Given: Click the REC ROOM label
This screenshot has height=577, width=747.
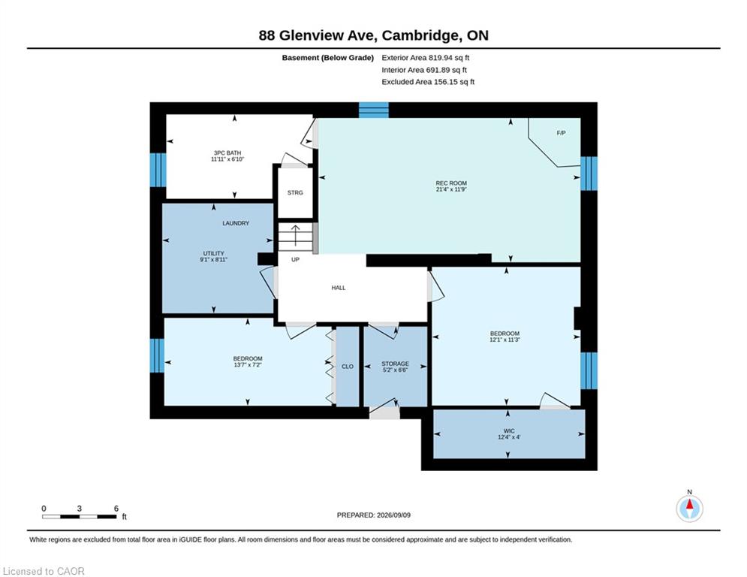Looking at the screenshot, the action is [x=451, y=183].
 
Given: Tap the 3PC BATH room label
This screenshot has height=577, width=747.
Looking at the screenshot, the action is [x=227, y=153].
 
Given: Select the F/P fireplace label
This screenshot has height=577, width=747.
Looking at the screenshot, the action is [x=562, y=133].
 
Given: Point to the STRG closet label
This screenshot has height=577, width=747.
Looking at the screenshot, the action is [x=295, y=192].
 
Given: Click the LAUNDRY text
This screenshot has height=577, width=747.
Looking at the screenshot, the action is [x=236, y=223].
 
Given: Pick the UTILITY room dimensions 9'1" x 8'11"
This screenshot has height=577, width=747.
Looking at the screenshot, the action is [x=213, y=260].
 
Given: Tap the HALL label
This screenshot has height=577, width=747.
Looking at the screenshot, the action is [x=339, y=288].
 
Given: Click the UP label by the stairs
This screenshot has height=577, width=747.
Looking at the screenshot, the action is [x=295, y=260].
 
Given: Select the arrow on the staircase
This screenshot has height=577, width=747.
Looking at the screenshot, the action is [x=295, y=234].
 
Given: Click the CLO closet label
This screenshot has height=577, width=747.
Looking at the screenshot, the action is [x=348, y=367].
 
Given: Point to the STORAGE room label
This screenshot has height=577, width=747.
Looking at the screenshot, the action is [x=396, y=364].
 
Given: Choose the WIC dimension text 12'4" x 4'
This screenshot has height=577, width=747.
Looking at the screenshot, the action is [x=509, y=437].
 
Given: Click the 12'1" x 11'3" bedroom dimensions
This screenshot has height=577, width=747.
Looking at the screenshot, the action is [x=505, y=340].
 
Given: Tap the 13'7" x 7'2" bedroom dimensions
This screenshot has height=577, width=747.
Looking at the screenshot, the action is [x=248, y=365].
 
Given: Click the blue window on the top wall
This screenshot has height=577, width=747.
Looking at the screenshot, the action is [x=374, y=110].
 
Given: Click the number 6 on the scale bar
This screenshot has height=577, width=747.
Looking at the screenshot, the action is [x=116, y=509].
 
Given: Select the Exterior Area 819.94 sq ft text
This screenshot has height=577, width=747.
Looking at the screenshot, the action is [x=426, y=58].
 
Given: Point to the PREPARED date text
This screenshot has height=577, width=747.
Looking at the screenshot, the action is [x=374, y=515].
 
